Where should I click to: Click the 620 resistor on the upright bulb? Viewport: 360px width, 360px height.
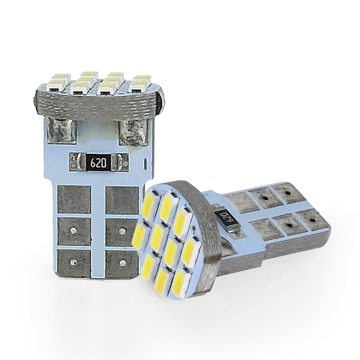(x=98, y=162)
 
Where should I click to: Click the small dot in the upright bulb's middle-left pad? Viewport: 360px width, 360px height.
(x=73, y=231)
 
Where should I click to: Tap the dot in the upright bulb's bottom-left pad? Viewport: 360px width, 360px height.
(x=73, y=262)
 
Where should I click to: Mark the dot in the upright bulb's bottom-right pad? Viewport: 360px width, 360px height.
(x=123, y=262)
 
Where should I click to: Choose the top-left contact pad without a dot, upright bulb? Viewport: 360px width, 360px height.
(x=74, y=199)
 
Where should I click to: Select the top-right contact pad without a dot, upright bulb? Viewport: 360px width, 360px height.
(x=122, y=200)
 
